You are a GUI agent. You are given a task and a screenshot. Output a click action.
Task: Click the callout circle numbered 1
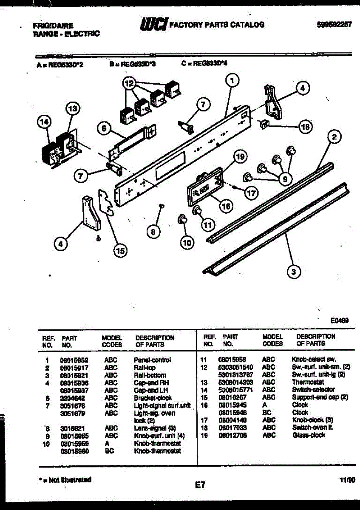[232, 79]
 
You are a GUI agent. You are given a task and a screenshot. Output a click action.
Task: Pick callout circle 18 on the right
[305, 126]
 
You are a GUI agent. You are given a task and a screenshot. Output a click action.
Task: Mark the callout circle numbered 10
[186, 243]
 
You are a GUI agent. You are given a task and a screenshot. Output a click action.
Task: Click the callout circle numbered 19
[240, 157]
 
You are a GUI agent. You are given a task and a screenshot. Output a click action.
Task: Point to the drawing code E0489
[339, 322]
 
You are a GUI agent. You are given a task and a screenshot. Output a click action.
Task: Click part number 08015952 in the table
[74, 360]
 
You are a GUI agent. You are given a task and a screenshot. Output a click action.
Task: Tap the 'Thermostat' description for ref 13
[308, 382]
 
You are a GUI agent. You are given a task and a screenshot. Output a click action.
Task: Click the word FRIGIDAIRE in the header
[53, 25]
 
